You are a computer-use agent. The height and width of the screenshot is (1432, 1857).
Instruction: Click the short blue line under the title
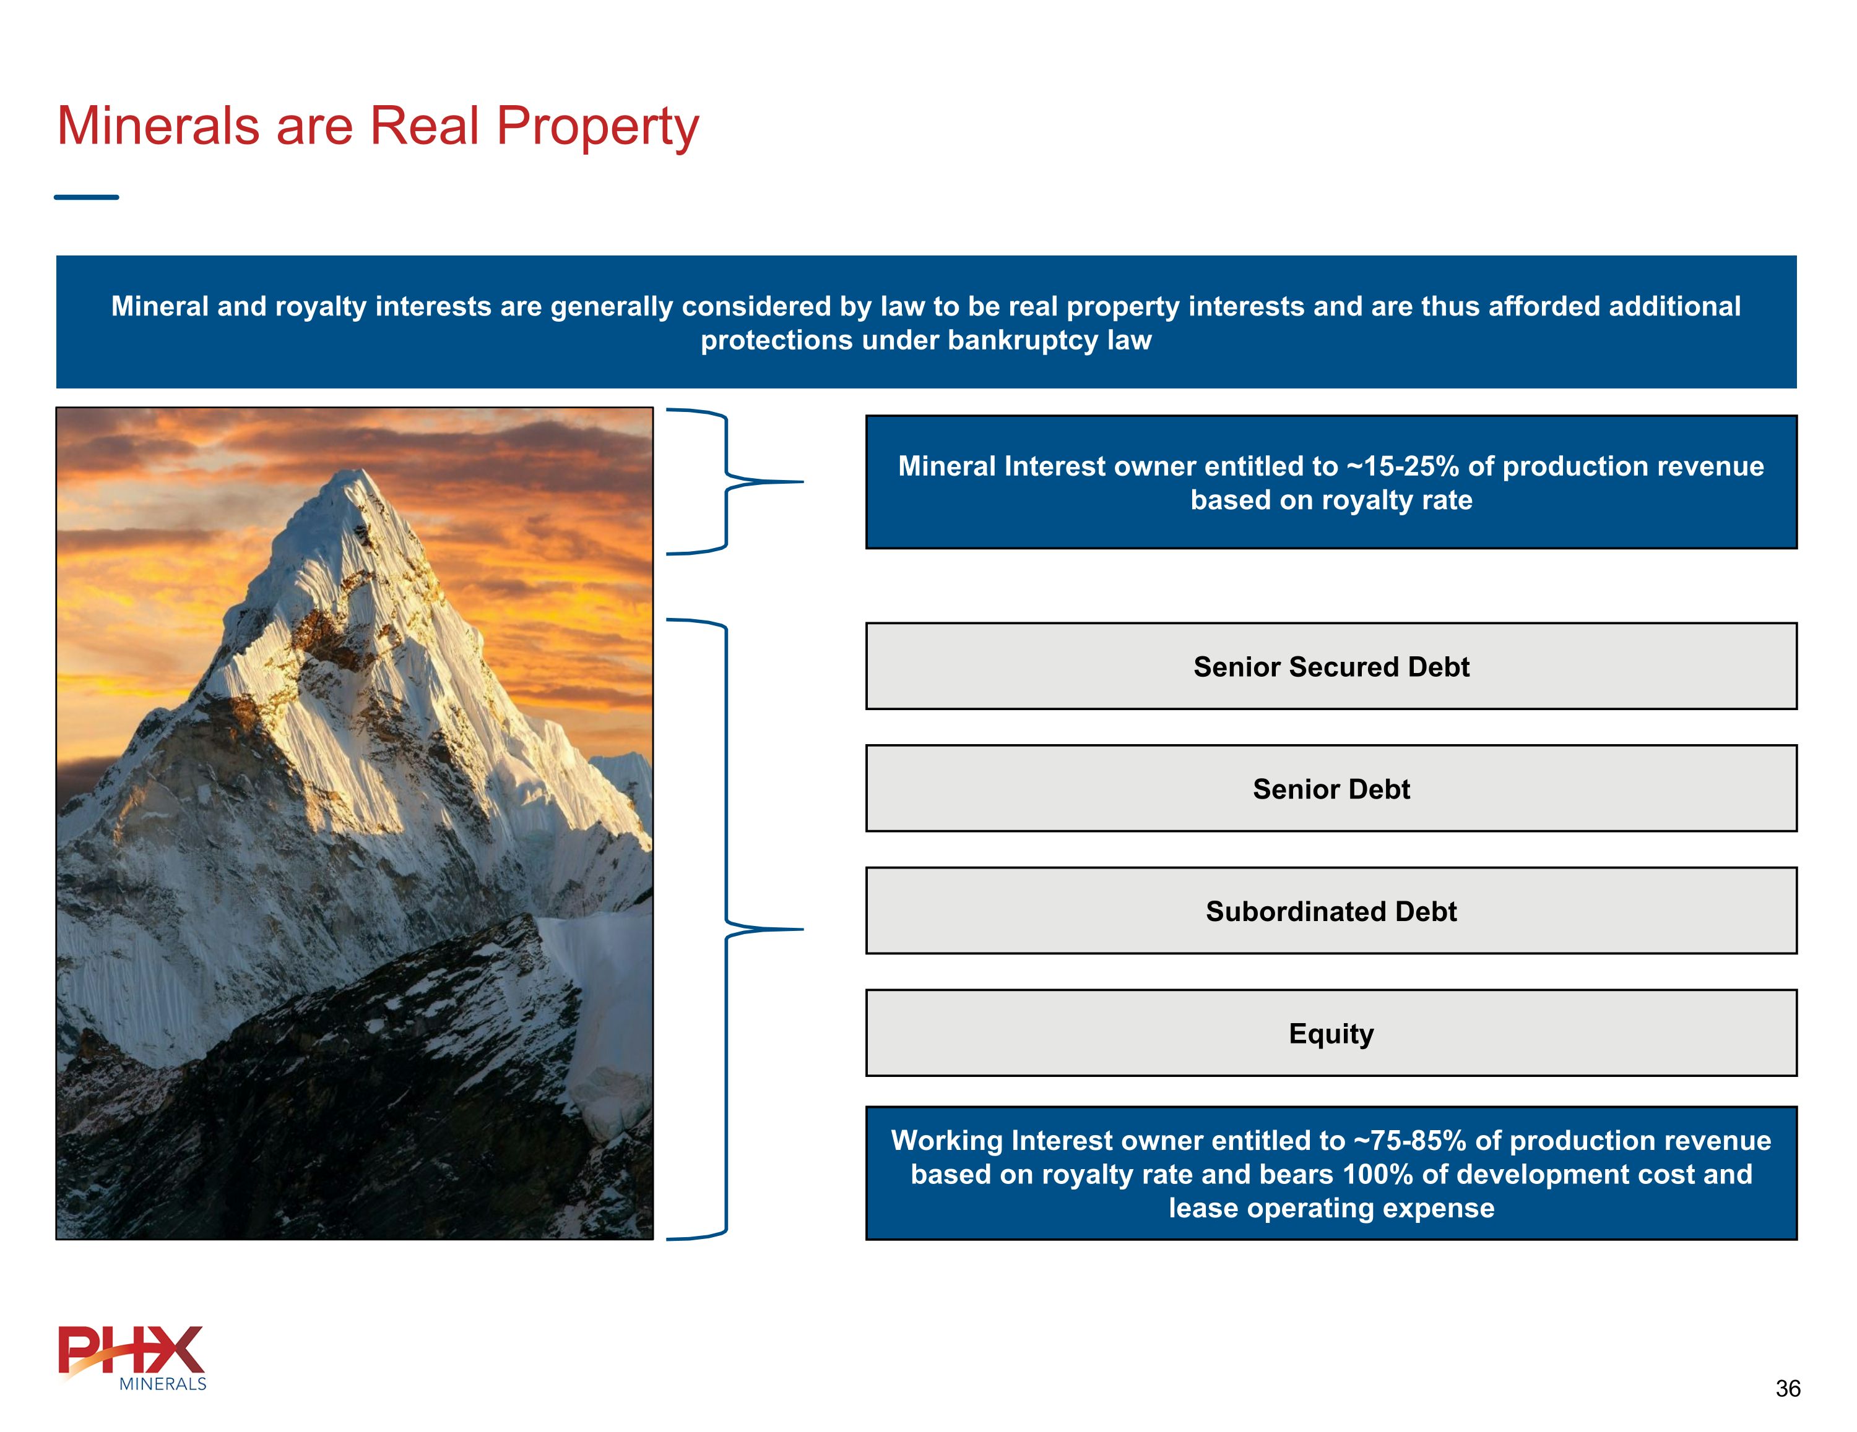pos(86,197)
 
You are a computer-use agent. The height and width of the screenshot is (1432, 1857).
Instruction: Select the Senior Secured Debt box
pos(1331,666)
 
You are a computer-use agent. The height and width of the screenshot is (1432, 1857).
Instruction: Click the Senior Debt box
pos(1331,789)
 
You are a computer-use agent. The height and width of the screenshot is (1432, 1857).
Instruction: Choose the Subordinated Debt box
pos(1331,911)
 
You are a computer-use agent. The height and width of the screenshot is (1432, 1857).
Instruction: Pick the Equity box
pos(1331,1034)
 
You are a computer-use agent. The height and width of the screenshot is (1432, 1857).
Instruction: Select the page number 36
pos(1787,1389)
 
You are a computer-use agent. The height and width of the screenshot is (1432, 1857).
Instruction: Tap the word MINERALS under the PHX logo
pos(162,1384)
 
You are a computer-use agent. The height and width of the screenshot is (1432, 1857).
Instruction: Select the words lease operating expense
pos(1331,1209)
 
